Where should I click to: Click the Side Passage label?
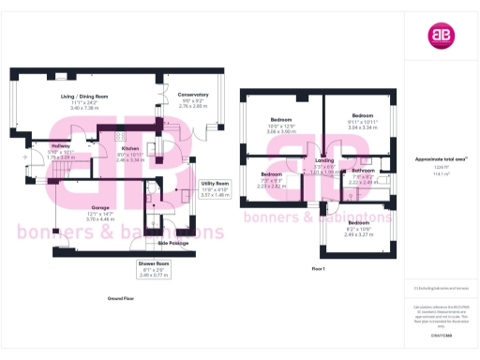coord(173,243)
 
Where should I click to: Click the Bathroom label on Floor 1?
coord(364,171)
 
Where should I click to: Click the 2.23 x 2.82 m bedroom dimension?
coord(271,186)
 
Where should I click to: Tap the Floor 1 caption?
coord(318,269)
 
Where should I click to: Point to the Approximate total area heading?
coord(440,159)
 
